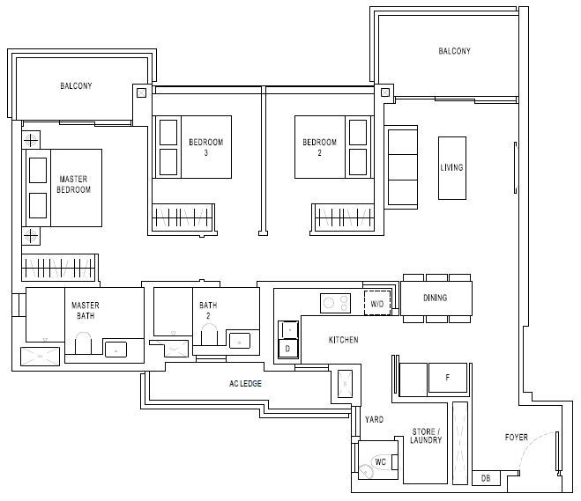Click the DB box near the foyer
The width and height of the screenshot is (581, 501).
486,478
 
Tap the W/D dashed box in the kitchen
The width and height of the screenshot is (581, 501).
377,304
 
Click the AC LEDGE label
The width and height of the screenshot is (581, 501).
245,384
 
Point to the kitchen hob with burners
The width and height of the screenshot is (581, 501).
335,303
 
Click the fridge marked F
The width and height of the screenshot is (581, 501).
448,378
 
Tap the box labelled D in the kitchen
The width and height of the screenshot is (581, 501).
288,349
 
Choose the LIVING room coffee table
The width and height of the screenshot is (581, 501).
452,168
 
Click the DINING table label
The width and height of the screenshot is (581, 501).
436,298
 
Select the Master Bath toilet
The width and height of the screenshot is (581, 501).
84,343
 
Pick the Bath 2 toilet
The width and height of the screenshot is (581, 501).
209,335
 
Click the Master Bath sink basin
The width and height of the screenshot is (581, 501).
116,350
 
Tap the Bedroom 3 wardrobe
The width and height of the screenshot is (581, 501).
183,217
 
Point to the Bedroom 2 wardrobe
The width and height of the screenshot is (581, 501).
343,217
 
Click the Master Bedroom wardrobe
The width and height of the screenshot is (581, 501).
59,267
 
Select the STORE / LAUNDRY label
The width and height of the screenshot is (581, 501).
426,436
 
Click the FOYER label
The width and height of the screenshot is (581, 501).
517,438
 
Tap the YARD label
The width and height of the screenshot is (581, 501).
374,420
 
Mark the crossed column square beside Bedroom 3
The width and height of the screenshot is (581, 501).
142,92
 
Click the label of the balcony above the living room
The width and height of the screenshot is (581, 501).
455,51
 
